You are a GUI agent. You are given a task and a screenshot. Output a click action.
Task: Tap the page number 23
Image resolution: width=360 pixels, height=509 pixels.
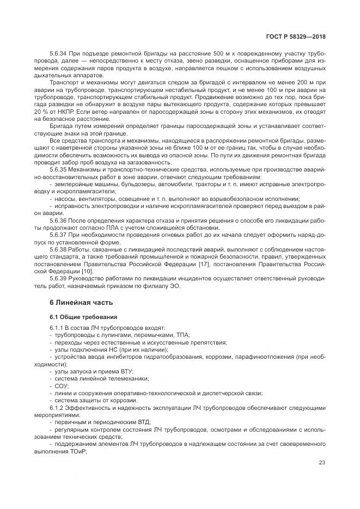coord(322,463)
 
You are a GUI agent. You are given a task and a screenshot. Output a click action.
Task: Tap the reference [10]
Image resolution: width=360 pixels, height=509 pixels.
coord(87,270)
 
